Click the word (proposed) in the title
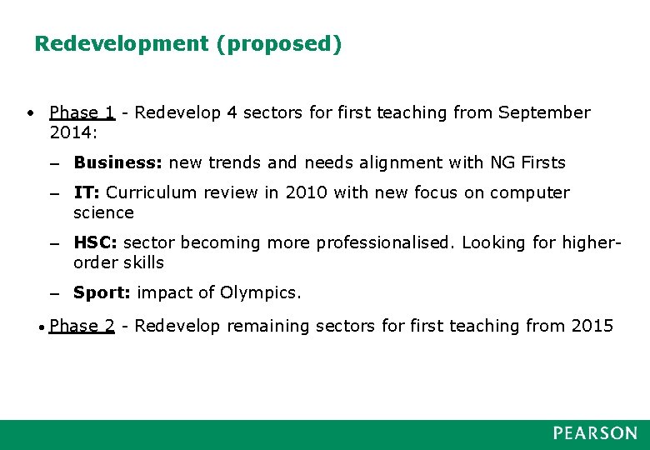pos(278,44)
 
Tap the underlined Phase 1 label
pos(82,112)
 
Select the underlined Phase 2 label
pos(82,326)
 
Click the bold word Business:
pos(117,162)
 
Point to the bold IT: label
pos(87,192)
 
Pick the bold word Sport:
pos(102,292)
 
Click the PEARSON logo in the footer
pos(595,433)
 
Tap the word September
pos(544,112)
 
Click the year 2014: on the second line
pos(73,132)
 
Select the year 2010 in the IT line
pos(307,192)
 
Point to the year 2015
pos(592,326)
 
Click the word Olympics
pos(261,292)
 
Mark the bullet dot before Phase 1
pos(29,112)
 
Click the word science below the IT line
pos(103,212)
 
